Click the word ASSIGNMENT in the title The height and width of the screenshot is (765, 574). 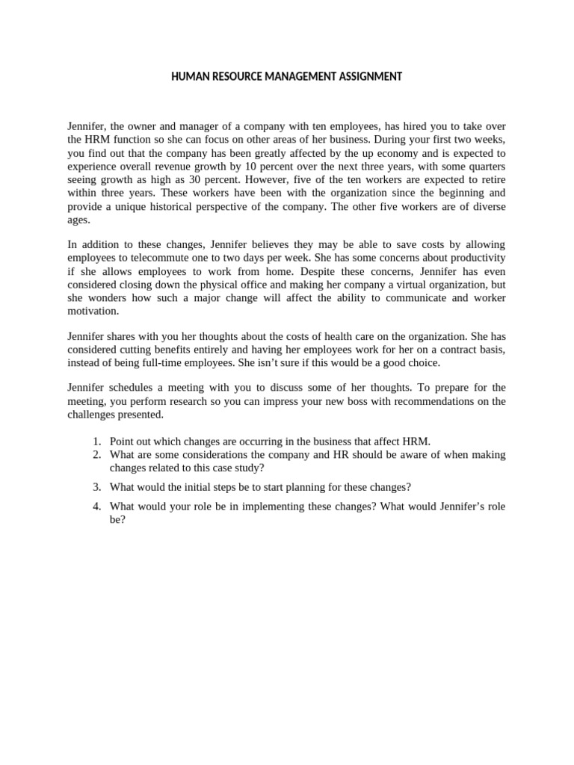click(x=363, y=77)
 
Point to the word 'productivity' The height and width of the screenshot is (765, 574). click(x=477, y=258)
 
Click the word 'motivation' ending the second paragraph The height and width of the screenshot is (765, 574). click(x=93, y=312)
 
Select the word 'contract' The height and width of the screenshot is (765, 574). click(x=445, y=350)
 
